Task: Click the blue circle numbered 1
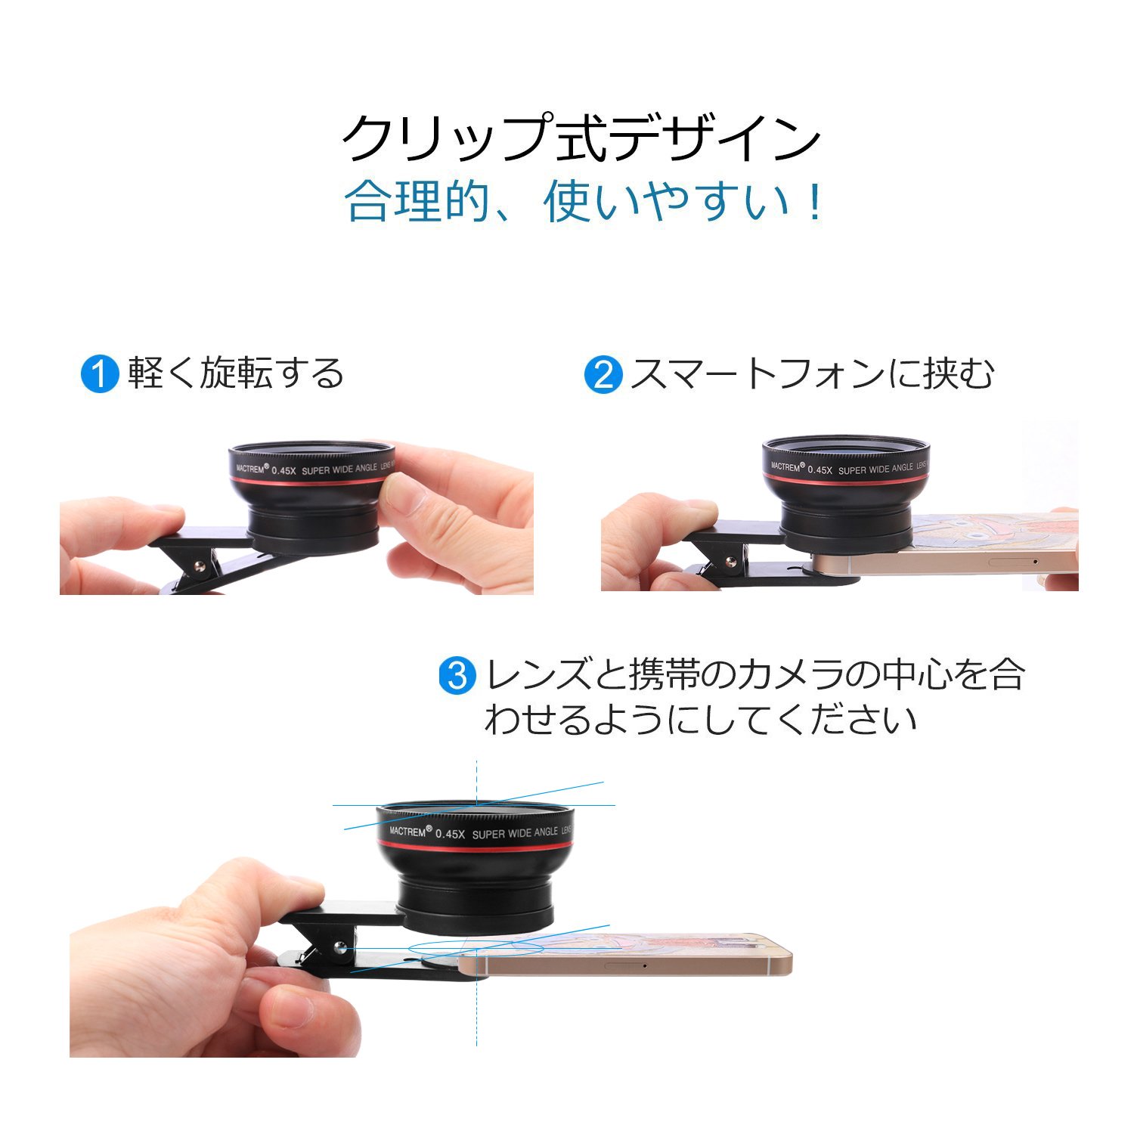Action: click(100, 373)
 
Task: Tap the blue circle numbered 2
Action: click(603, 373)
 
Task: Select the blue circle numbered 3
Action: click(458, 674)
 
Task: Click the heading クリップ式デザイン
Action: click(581, 138)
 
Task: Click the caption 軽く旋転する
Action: click(236, 373)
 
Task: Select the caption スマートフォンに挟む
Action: click(812, 373)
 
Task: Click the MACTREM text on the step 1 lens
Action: click(253, 469)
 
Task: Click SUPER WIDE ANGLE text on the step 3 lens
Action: click(515, 833)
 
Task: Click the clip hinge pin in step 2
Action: click(730, 562)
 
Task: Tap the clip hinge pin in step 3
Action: click(340, 946)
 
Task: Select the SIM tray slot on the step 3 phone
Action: click(620, 965)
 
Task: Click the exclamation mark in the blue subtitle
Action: click(814, 202)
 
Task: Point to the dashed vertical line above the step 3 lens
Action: click(476, 781)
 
